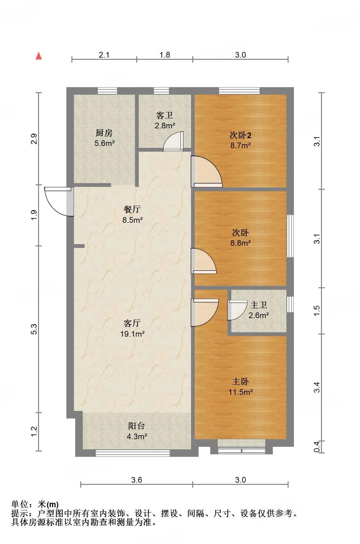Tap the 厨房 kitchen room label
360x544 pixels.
[104, 133]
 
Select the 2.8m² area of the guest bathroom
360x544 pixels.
[165, 126]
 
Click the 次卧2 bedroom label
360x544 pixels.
[240, 135]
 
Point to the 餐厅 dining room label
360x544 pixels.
[132, 209]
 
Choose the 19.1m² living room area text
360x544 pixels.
[132, 334]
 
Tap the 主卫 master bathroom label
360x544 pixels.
[259, 305]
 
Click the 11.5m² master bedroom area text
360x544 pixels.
[241, 392]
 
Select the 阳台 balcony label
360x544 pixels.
[137, 426]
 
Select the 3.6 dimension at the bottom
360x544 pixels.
[137, 480]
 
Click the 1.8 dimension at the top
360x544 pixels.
[165, 55]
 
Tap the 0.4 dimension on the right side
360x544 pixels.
[317, 446]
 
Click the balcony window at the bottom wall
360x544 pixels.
[132, 453]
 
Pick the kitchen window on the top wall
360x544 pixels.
[107, 91]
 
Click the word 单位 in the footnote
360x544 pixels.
[20, 504]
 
